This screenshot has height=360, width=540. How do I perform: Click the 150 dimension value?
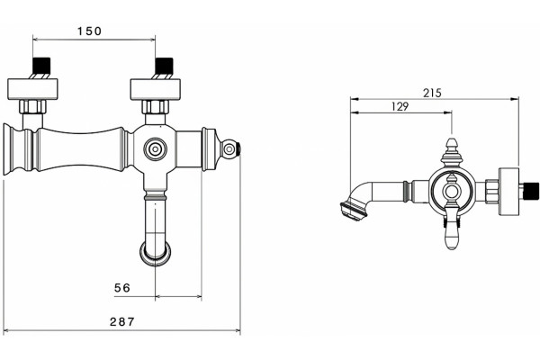coord(89,31)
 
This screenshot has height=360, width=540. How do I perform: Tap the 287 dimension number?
coord(121,322)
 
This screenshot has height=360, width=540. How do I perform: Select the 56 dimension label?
coord(122,288)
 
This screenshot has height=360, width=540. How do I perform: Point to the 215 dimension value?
coord(432,93)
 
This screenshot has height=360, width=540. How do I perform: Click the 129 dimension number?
coord(400,107)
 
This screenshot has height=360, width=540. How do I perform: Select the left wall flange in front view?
coord(32,89)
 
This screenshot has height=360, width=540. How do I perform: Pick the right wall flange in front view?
coord(156,89)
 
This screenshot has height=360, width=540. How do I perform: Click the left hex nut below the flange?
coord(32,106)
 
